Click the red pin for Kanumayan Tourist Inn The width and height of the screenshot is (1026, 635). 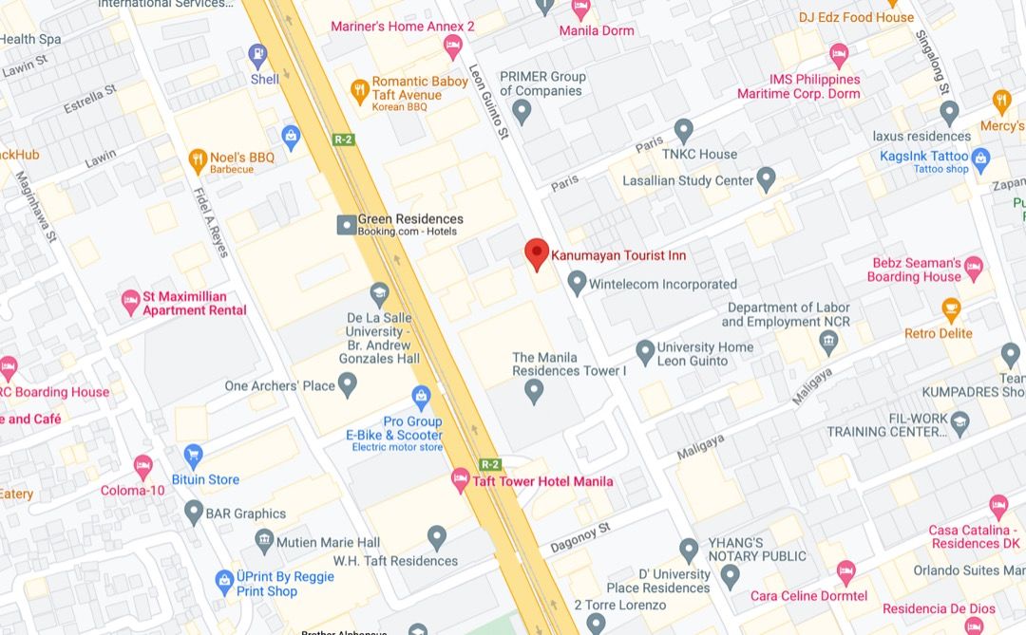coord(537,253)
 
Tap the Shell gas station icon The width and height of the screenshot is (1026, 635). coord(257,55)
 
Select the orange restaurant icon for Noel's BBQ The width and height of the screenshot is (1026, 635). coord(198,158)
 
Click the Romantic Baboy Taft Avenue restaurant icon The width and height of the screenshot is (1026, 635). coord(359,90)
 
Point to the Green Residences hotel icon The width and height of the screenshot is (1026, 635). coord(347,225)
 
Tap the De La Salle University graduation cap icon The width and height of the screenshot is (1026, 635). coord(380,291)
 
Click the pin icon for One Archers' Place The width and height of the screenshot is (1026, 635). coord(348,384)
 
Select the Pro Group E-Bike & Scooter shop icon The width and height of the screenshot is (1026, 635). coord(421,396)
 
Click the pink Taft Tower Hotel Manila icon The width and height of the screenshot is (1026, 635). coord(461,480)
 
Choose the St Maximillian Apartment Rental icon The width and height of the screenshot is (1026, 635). coord(131,302)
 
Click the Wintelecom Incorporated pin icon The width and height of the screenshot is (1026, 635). coord(577,282)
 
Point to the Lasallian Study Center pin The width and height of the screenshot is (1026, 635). coord(766,178)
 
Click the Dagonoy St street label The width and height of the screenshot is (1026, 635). coord(579,538)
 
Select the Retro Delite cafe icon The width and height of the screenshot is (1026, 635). coord(950,308)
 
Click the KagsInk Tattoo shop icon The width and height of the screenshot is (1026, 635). coord(980,157)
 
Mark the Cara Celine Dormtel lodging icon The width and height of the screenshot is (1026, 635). coord(845,572)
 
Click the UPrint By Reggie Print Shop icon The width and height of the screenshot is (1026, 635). coord(224,579)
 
